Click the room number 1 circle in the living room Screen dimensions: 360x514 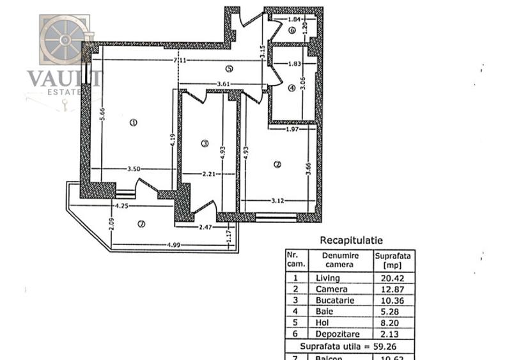click(133, 122)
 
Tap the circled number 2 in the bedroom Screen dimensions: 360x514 click(277, 164)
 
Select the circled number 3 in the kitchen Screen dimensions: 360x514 click(205, 143)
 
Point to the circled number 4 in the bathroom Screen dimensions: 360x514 click(292, 88)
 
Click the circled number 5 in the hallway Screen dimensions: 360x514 click(229, 69)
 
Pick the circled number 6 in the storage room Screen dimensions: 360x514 click(292, 30)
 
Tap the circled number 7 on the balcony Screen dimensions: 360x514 click(141, 223)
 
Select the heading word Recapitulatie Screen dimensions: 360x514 click(351, 240)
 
